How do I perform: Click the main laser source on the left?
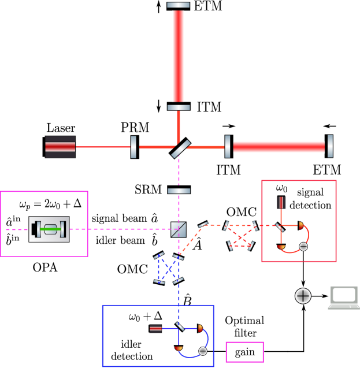[60, 147]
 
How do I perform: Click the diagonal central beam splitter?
[180, 148]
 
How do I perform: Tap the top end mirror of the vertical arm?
[178, 5]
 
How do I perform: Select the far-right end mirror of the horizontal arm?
[330, 146]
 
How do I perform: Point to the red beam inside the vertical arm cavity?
[178, 56]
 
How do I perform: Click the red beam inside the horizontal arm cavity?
[279, 147]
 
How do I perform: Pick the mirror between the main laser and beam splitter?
[133, 147]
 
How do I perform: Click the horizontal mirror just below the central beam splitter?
[179, 191]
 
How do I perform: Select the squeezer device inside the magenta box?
[49, 229]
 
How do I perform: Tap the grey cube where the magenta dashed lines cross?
[179, 229]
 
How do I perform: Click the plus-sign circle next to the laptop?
[303, 296]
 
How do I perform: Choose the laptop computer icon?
[343, 297]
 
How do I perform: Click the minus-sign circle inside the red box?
[303, 246]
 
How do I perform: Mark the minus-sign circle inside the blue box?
[203, 351]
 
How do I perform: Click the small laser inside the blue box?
[155, 328]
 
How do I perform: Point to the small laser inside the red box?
[281, 202]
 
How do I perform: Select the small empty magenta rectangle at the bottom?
[244, 352]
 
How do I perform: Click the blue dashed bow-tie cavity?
[168, 269]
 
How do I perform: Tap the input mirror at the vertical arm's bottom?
[178, 107]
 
